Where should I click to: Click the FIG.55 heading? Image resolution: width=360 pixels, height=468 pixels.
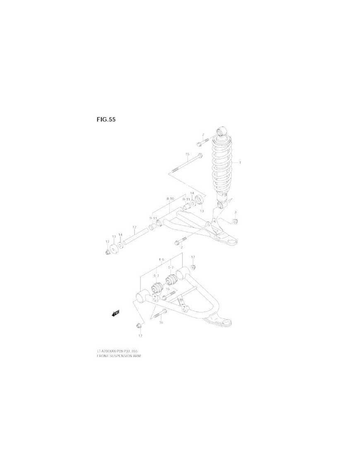tap(106, 120)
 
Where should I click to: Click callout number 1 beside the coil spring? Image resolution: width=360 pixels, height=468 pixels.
tap(240, 163)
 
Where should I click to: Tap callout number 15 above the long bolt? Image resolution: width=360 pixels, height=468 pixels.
tap(187, 154)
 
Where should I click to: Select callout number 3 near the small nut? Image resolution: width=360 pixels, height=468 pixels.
tap(235, 212)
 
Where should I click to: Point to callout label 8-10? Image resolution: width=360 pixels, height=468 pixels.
tap(170, 199)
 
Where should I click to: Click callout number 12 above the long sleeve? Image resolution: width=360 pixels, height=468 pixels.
tap(134, 227)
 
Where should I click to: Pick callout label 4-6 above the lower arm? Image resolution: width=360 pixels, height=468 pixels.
tap(161, 260)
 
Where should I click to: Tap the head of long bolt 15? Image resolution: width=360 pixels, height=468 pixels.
tap(200, 156)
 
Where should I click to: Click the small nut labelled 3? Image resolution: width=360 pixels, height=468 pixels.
tap(235, 221)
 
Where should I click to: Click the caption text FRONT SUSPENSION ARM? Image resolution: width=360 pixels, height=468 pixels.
tap(119, 356)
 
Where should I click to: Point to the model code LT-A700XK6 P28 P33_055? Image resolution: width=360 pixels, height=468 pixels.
tap(117, 351)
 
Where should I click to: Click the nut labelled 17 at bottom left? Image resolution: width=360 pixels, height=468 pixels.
tap(139, 325)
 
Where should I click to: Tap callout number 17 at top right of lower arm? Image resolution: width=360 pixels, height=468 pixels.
tap(193, 257)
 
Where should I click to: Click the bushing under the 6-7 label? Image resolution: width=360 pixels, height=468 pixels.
tap(157, 287)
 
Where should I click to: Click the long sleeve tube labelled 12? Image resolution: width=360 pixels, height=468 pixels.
tap(137, 238)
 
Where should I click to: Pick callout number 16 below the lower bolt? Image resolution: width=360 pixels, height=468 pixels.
tap(161, 322)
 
